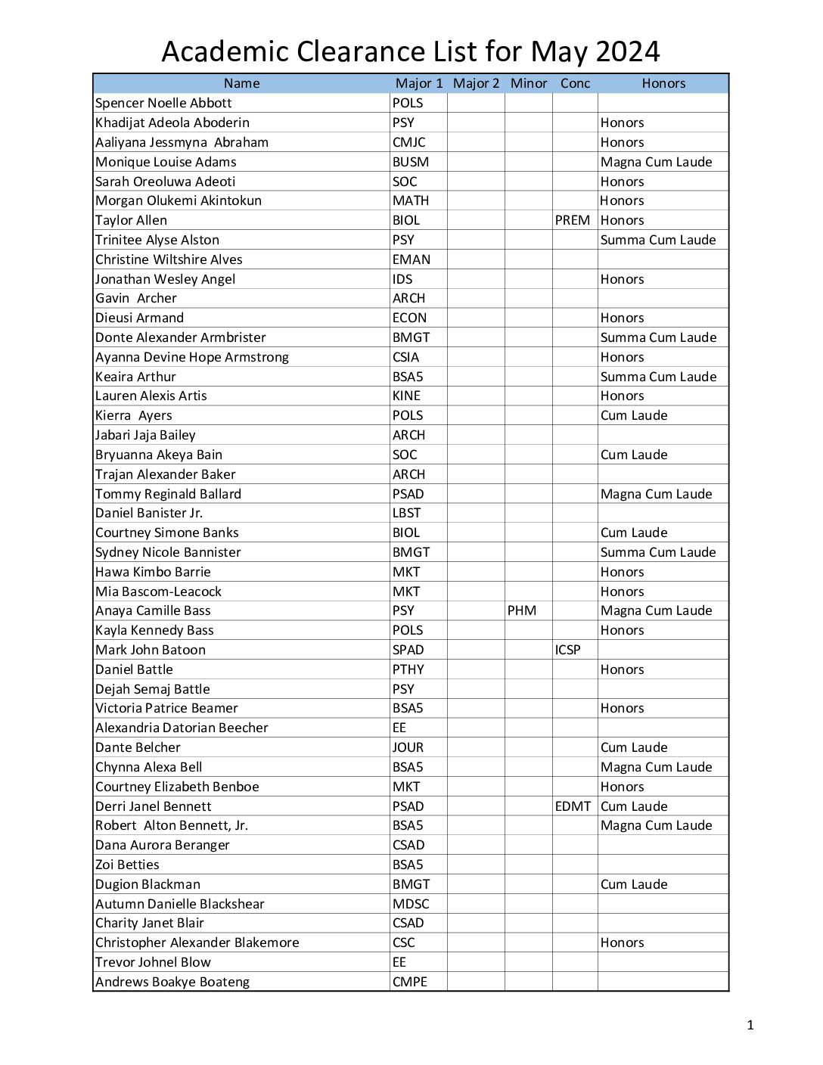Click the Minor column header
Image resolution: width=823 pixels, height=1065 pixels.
pyautogui.click(x=529, y=83)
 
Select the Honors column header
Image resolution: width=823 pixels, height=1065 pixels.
pyautogui.click(x=663, y=83)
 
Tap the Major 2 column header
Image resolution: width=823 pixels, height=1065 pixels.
pyautogui.click(x=476, y=83)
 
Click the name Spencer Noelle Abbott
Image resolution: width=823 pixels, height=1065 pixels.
pyautogui.click(x=163, y=103)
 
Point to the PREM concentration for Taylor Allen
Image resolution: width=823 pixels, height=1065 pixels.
pyautogui.click(x=573, y=220)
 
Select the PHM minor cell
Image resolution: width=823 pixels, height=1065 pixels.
pyautogui.click(x=522, y=610)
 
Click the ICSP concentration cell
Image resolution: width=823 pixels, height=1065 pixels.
pyautogui.click(x=568, y=650)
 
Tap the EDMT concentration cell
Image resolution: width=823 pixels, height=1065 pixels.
pyautogui.click(x=573, y=806)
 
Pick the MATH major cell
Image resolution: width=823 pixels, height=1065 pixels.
pyautogui.click(x=411, y=200)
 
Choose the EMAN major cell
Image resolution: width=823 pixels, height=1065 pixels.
pyautogui.click(x=411, y=259)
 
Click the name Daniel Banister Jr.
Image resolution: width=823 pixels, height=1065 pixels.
pyautogui.click(x=149, y=513)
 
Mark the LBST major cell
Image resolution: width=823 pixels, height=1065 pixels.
pyautogui.click(x=406, y=513)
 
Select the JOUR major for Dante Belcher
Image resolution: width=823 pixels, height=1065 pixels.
pyautogui.click(x=408, y=747)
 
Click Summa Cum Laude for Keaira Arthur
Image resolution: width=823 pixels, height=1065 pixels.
pyautogui.click(x=658, y=377)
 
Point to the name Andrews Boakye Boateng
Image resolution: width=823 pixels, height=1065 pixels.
pyautogui.click(x=172, y=982)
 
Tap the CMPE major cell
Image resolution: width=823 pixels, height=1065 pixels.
pyautogui.click(x=410, y=982)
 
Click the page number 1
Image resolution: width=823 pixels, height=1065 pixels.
pyautogui.click(x=750, y=1026)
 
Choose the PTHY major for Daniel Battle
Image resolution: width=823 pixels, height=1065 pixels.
pyautogui.click(x=408, y=669)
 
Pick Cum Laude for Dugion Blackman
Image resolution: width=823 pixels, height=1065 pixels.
pyautogui.click(x=634, y=884)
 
